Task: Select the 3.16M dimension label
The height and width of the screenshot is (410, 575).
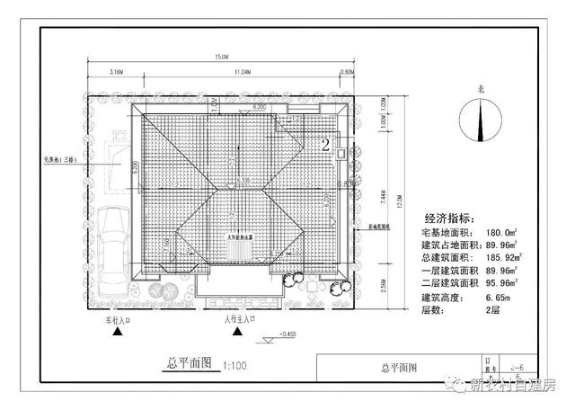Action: click(116, 71)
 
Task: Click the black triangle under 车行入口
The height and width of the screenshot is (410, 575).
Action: click(117, 333)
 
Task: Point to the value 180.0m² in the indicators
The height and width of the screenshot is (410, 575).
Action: click(512, 233)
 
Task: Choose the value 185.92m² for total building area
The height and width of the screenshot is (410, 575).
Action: click(514, 258)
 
